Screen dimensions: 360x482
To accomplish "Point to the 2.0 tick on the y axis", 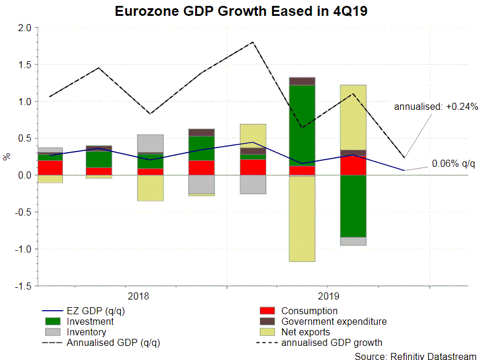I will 24,28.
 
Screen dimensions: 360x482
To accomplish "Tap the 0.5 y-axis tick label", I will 24,139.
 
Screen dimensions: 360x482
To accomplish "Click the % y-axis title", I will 7,156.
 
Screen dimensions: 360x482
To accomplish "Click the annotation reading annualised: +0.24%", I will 436,107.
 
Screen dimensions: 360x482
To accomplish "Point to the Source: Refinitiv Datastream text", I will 417,355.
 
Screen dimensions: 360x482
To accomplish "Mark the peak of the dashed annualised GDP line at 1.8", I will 253,42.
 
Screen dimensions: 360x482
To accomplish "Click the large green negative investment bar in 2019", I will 353,206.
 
